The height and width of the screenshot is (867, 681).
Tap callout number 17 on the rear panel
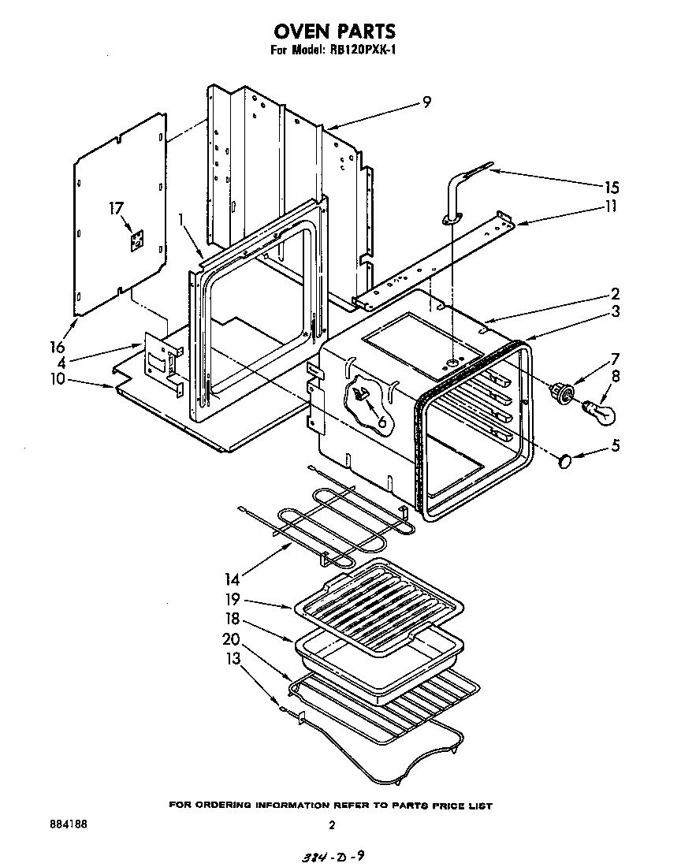click(x=117, y=209)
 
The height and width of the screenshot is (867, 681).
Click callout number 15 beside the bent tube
click(x=611, y=188)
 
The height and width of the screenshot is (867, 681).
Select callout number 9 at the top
click(x=426, y=102)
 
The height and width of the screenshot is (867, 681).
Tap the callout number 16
click(x=57, y=346)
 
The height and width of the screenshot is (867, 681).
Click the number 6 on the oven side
click(x=382, y=421)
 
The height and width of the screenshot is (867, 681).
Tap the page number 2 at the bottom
click(x=332, y=825)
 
